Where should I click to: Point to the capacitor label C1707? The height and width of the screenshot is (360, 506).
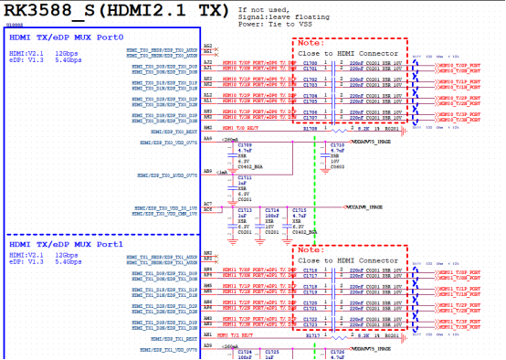310,118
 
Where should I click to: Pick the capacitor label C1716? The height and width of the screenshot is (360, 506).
310,270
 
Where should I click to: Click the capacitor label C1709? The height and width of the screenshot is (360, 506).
245,145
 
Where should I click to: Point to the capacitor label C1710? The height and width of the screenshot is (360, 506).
337,145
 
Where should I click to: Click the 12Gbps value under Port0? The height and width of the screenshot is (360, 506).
68,54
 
